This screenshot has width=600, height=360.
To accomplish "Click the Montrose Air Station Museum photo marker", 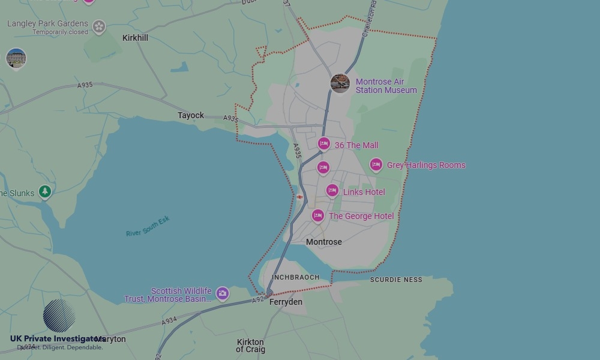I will click(340, 83).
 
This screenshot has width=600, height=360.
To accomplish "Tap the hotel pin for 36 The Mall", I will click(324, 143).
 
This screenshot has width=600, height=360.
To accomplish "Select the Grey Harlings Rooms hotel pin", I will click(376, 164).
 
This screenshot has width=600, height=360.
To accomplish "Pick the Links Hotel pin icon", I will click(332, 191).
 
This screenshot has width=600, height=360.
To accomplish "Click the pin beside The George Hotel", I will click(318, 215).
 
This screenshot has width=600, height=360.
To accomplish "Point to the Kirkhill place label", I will click(135, 38).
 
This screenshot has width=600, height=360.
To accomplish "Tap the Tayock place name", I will click(191, 115).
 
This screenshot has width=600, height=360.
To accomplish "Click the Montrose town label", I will click(324, 242).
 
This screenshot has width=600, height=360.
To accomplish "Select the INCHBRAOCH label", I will click(296, 277).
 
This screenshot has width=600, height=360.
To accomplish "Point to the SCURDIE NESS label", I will click(396, 280).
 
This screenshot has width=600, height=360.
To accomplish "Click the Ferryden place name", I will click(286, 302).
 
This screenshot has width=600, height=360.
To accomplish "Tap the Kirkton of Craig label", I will click(250, 346).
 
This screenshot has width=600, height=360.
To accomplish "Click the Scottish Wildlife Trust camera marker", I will click(223, 293).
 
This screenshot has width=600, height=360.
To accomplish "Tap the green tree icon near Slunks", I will click(45, 191).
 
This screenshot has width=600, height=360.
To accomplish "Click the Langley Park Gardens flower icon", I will click(99, 26).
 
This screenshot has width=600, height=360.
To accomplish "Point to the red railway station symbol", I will click(299, 197).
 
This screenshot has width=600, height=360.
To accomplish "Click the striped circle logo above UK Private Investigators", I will click(59, 316).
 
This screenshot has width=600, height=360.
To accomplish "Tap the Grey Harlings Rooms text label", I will click(426, 165).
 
